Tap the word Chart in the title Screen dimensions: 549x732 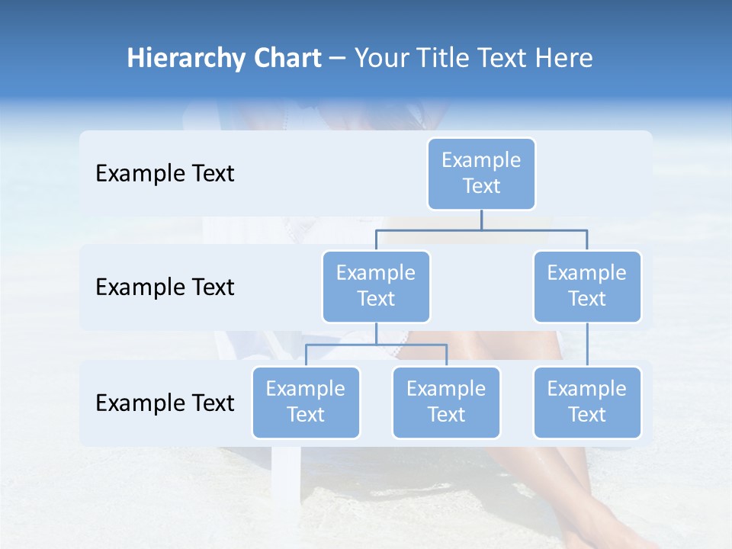coord(284,59)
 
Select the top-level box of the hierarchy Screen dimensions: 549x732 coord(481,173)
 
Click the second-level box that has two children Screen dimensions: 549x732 coord(376,286)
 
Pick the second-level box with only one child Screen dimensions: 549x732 coord(587,286)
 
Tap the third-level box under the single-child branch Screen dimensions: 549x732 coord(587,402)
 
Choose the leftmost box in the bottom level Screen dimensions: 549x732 coord(306,402)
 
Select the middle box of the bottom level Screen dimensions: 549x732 coord(446,402)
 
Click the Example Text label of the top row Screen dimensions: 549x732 coord(165,174)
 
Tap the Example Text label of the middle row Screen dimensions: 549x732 coord(165,287)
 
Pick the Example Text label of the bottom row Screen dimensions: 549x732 coord(165,403)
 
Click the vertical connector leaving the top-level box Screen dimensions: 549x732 coord(481,220)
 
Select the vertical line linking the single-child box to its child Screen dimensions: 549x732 coord(587,345)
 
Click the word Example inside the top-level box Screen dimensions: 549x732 coord(481,160)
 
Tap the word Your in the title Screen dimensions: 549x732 coord(380,59)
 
